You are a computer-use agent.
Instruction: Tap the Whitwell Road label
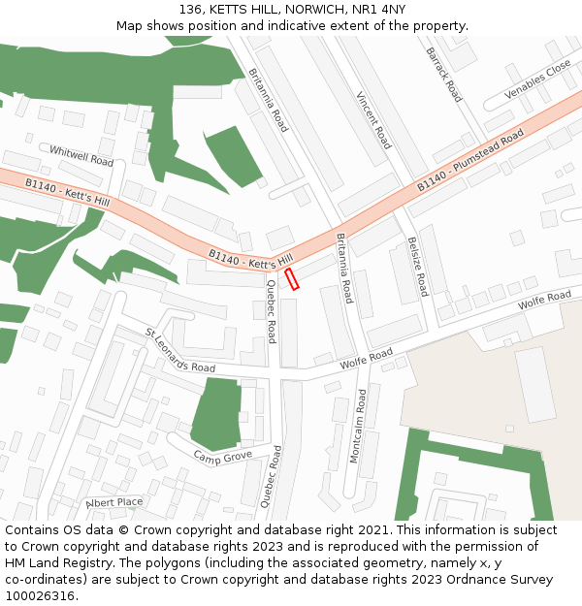81,156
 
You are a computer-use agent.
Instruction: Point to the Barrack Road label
443,75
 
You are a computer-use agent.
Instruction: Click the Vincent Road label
372,120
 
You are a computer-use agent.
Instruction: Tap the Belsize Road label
417,266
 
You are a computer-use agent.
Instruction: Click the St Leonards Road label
180,351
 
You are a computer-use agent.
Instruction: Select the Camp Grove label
222,456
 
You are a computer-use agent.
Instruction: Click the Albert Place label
114,502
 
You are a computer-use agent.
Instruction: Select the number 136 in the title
191,9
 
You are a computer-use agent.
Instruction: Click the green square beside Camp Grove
216,412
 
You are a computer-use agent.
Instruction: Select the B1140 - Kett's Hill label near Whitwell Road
67,190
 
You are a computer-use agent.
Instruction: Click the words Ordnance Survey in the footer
510,579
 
